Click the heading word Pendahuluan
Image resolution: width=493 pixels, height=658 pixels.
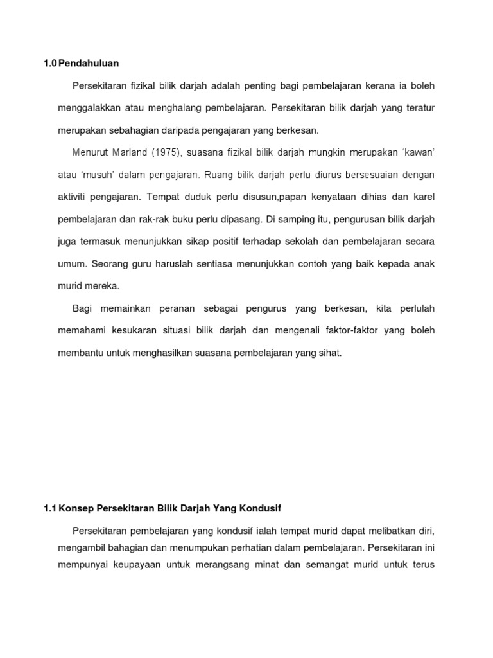pyautogui.click(x=89, y=63)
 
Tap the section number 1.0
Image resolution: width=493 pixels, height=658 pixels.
pyautogui.click(x=50, y=63)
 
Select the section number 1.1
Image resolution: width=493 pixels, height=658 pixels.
pyautogui.click(x=50, y=508)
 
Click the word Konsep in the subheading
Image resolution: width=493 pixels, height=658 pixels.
pyautogui.click(x=74, y=508)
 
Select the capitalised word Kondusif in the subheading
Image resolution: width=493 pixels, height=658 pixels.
pyautogui.click(x=261, y=508)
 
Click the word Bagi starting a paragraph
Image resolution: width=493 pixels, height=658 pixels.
pyautogui.click(x=83, y=308)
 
